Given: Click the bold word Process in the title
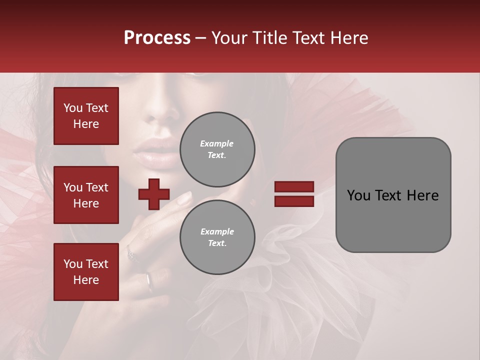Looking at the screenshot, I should click(157, 38).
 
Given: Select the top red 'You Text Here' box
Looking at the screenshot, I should click(86, 116).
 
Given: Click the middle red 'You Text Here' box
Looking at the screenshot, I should click(86, 195).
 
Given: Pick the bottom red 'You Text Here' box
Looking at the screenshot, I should click(86, 272).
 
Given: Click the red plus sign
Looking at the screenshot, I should click(154, 194).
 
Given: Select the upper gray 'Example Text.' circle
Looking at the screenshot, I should click(217, 149).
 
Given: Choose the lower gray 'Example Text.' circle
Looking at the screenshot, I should click(217, 237).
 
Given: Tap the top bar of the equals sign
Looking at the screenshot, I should click(294, 187).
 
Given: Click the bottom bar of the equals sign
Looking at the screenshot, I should click(294, 201).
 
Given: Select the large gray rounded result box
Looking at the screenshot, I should click(393, 195).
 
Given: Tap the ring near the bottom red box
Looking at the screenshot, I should click(149, 281).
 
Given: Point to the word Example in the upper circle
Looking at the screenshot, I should click(216, 144).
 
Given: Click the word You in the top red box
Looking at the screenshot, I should click(73, 108).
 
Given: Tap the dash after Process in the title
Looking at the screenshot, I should click(201, 38).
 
